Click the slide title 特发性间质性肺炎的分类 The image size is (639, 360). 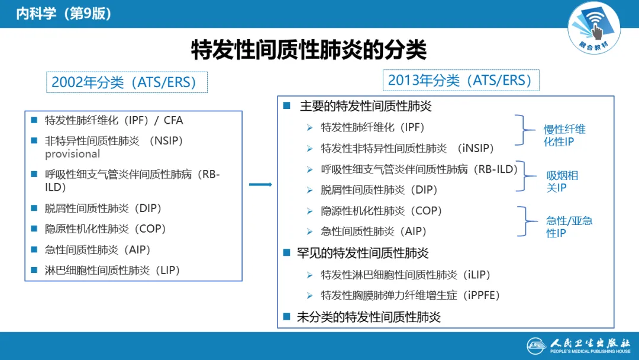308,50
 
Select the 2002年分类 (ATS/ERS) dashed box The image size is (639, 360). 127,82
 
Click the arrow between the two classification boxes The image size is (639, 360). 260,185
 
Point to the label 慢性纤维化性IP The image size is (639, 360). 564,135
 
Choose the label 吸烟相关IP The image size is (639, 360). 562,181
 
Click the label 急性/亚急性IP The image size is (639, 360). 569,227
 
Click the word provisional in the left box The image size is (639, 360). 73,154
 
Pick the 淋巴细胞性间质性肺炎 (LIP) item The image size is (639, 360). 112,271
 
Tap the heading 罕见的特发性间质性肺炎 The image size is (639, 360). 363,253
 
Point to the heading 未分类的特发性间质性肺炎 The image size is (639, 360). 369,317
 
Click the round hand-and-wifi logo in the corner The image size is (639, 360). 594,25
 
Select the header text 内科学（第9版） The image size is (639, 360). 64,14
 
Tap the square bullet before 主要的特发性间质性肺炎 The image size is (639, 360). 287,106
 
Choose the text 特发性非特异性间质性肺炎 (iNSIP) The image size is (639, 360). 407,148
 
